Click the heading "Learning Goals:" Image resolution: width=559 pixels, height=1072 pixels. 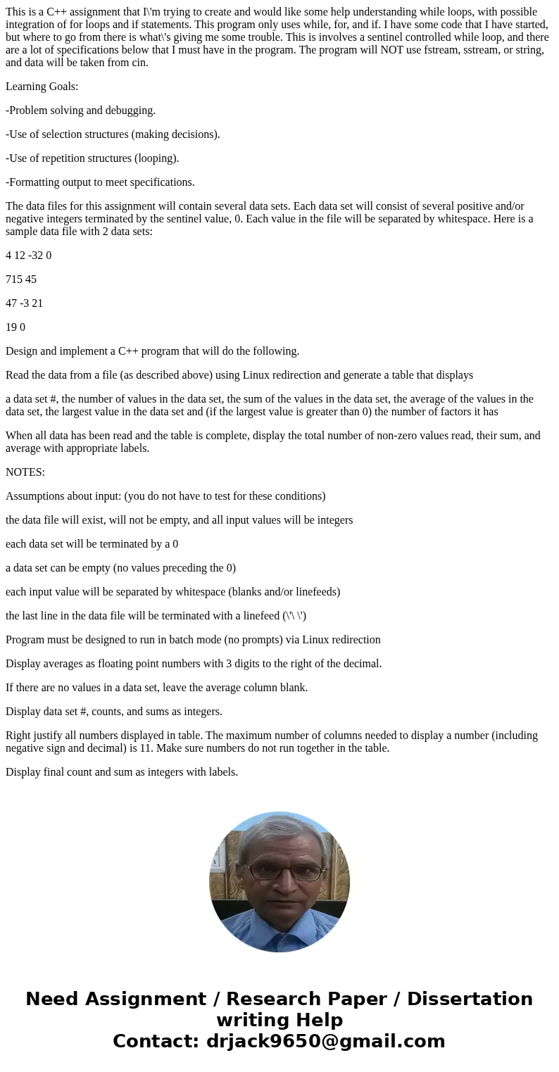[42, 87]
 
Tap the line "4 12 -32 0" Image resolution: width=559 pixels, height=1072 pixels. [29, 256]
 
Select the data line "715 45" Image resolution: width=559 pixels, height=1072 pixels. [21, 279]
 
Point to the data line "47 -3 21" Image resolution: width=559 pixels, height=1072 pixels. [25, 303]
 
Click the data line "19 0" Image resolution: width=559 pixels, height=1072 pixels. [15, 327]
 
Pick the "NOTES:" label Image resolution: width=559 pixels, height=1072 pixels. [25, 472]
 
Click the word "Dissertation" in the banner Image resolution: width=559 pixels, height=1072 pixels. [470, 999]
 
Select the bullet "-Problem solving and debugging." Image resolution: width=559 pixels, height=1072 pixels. [81, 111]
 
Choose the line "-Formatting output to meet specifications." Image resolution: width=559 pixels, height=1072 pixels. [100, 182]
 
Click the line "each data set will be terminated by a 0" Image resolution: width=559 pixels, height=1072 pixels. [92, 544]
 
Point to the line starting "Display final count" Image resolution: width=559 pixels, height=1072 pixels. [122, 772]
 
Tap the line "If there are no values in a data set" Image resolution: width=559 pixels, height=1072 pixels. [157, 688]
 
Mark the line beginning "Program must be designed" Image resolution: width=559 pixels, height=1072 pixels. [193, 640]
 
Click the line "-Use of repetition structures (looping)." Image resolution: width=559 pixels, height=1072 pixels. [92, 158]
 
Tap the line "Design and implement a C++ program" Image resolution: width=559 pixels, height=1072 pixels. [153, 351]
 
